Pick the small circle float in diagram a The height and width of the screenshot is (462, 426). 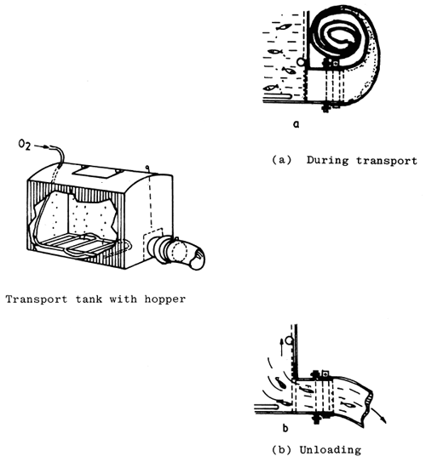tap(301, 61)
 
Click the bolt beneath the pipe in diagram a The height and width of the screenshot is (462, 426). tap(325, 108)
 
